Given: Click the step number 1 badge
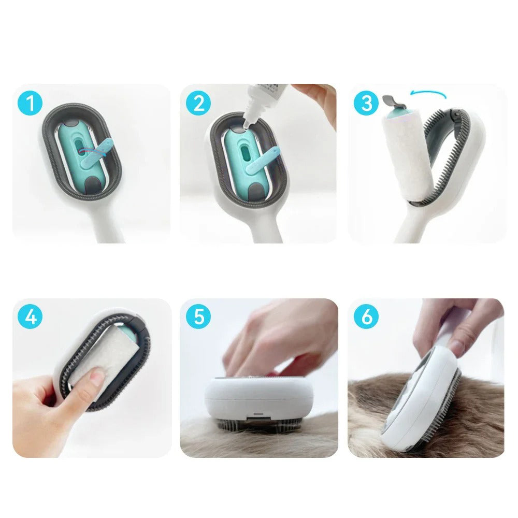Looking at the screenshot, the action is point(30,103).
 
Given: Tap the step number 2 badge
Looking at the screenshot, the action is point(198,103).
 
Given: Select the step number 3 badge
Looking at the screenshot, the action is point(366,103).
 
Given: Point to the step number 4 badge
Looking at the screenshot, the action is point(30,317).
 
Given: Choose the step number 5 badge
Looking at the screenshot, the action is point(198,317).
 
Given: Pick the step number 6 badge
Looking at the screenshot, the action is point(366,317).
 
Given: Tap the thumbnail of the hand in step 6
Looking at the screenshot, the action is point(458,347).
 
